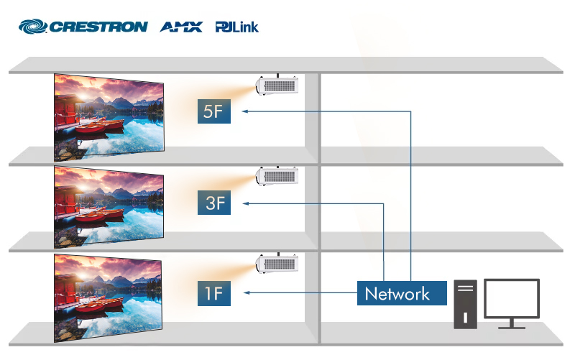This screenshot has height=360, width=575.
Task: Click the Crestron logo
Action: [83, 27]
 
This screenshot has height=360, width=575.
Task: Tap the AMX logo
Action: [181, 27]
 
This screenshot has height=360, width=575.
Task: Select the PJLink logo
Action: [237, 27]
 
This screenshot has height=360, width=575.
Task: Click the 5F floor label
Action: [214, 111]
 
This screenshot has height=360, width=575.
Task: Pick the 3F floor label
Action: [214, 203]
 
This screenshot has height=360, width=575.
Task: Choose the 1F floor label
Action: [214, 293]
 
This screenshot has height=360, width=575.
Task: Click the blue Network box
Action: [402, 293]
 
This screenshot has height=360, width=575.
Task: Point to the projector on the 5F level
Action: [277, 86]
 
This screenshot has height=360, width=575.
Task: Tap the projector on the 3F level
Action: [277, 176]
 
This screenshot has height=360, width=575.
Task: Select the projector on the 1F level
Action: [277, 263]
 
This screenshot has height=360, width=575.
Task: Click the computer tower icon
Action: [465, 304]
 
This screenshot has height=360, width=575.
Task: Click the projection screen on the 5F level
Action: [109, 117]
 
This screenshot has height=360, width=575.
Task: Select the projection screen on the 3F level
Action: [109, 207]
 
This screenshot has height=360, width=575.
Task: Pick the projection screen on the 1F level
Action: [108, 297]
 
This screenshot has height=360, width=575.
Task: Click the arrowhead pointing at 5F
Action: [245, 111]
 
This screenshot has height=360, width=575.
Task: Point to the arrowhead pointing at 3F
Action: [246, 203]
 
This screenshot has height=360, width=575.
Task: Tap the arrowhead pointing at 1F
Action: [247, 292]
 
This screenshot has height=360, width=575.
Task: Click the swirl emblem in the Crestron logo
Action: [32, 27]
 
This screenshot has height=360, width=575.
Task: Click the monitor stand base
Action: [512, 327]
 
